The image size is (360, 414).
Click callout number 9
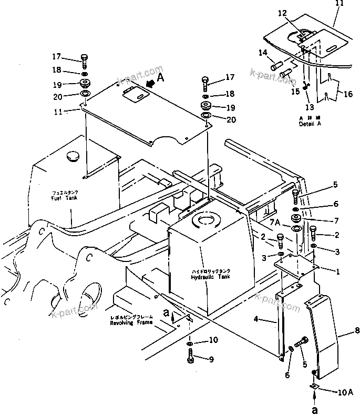pos(211,360)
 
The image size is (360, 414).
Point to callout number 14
pos(263,53)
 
